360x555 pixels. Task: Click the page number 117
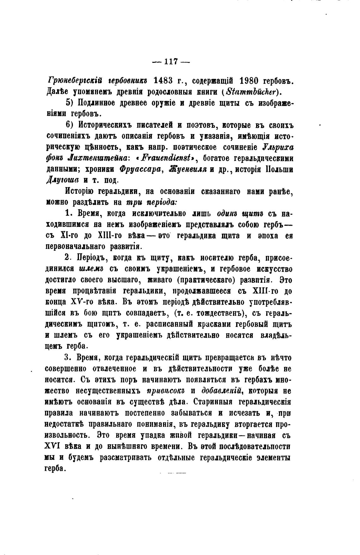pos(171,62)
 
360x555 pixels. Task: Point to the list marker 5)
pos(70,103)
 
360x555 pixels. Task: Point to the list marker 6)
pos(70,125)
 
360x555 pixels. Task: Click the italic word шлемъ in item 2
pos(92,269)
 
